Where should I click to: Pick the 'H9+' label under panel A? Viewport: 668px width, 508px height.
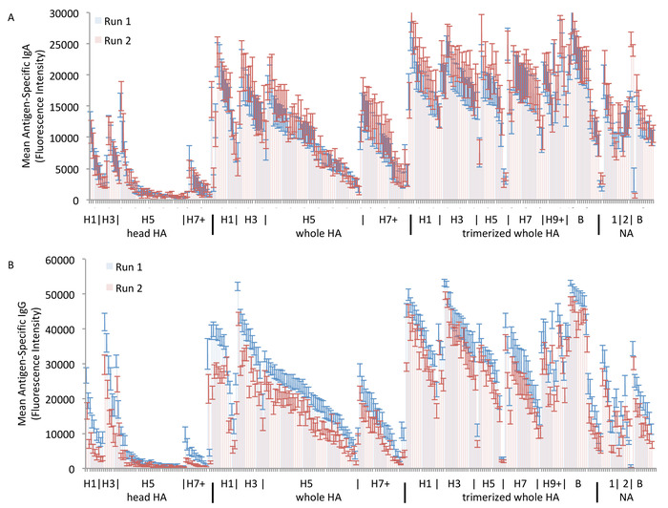click(x=554, y=220)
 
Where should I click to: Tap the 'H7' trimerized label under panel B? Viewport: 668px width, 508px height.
click(x=519, y=485)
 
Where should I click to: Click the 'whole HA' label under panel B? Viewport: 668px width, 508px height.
click(x=306, y=498)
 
